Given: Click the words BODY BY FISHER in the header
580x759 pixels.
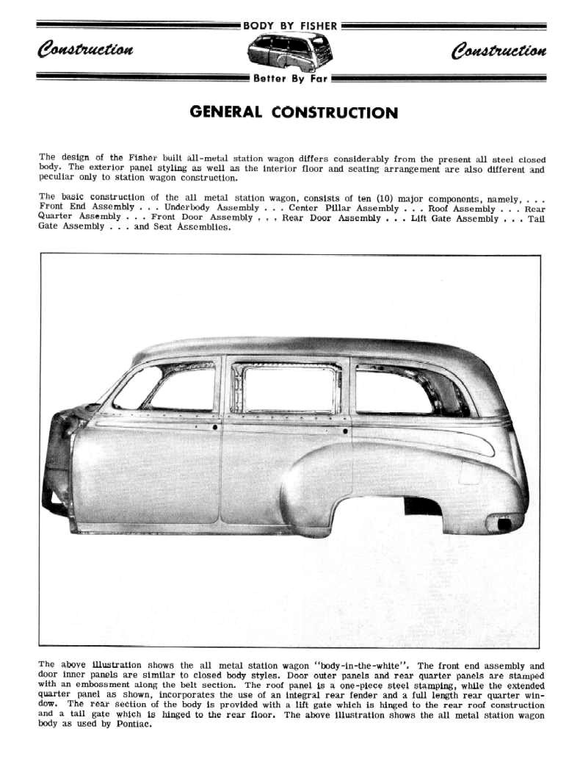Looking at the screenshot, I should (290, 26).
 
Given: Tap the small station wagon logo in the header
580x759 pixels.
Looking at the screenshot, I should (290, 51).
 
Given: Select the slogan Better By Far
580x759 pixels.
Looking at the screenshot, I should (290, 78).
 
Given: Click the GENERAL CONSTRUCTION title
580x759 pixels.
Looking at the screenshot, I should (294, 112).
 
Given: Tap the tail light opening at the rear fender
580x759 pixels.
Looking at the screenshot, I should (504, 524).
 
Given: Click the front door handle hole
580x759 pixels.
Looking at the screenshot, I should (214, 427).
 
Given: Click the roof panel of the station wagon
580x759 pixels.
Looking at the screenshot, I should (308, 347).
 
